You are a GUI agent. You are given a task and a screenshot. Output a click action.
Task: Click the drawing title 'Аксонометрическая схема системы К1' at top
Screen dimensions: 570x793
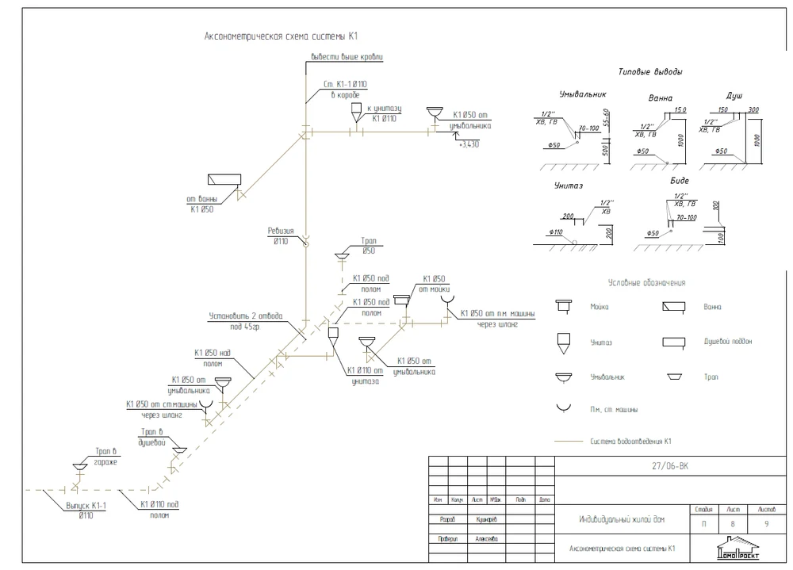[282, 36]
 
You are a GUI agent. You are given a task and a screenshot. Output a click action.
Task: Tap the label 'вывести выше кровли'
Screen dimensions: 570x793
[347, 57]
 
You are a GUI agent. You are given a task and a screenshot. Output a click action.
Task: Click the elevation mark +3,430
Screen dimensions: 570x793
[469, 144]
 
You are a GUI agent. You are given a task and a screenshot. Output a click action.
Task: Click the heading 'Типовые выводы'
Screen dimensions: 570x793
[650, 72]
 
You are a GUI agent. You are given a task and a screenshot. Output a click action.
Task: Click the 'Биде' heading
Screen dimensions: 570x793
[680, 181]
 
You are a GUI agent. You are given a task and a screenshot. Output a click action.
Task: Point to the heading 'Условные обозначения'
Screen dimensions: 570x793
[646, 282]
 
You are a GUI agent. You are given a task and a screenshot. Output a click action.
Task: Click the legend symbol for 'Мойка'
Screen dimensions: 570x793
[565, 305]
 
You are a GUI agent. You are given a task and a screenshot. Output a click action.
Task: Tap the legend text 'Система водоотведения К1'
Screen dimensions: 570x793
[631, 441]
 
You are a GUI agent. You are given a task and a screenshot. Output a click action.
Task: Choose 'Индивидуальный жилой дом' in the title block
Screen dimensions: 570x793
[621, 520]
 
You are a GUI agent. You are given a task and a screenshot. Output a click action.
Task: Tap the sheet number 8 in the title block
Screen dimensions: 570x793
[733, 524]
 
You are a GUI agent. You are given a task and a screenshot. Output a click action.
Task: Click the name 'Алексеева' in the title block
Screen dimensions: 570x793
[487, 537]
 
